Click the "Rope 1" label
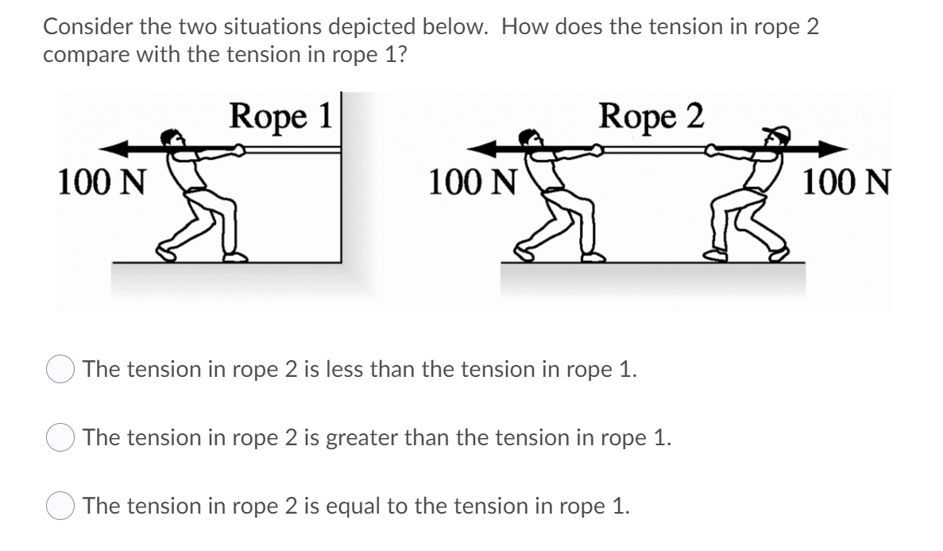pyautogui.click(x=280, y=117)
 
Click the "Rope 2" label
pyautogui.click(x=651, y=117)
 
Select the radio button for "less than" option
pyautogui.click(x=60, y=371)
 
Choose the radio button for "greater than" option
pyautogui.click(x=60, y=439)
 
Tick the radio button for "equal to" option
pyautogui.click(x=60, y=506)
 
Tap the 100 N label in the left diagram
pyautogui.click(x=101, y=183)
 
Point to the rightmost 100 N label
pyautogui.click(x=846, y=183)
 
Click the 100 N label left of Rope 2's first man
pyautogui.click(x=472, y=183)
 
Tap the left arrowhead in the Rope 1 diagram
pyautogui.click(x=118, y=148)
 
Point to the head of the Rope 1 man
pyautogui.click(x=169, y=138)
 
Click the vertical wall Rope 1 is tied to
pyautogui.click(x=342, y=199)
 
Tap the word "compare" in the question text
pyautogui.click(x=80, y=56)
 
